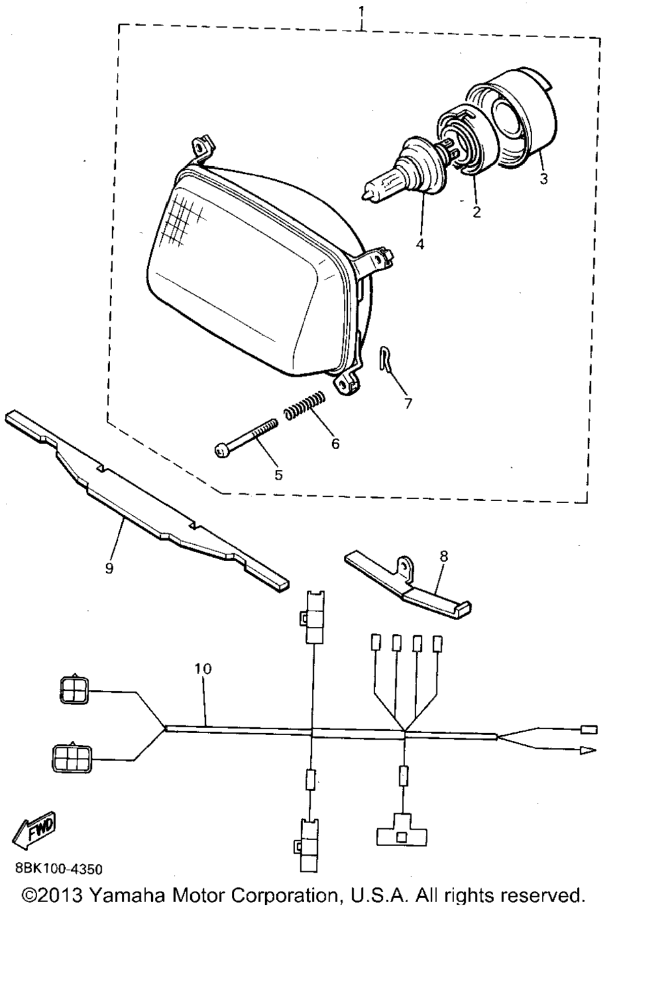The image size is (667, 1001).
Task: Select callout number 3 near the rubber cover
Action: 543,179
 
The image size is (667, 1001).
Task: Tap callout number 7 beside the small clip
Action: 408,403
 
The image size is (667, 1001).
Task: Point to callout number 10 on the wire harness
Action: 203,669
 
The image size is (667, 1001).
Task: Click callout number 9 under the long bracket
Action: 109,568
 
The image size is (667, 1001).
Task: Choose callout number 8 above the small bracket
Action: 444,557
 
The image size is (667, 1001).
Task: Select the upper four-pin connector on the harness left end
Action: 75,691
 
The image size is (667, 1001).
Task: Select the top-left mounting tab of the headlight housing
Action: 202,149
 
